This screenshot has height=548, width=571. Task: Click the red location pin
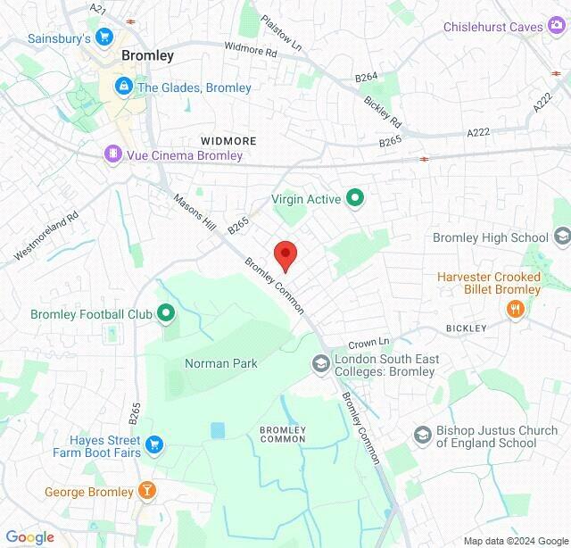tap(285, 254)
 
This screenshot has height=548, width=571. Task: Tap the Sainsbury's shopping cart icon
tap(105, 38)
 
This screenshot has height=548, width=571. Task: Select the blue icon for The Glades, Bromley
tap(123, 87)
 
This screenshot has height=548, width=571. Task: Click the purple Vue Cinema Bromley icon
tap(112, 155)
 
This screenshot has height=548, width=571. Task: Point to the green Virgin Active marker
tap(355, 199)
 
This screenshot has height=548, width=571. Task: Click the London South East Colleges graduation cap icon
tap(320, 364)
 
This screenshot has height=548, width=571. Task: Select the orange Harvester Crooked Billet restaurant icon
tap(515, 309)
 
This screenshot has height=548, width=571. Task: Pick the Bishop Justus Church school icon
tap(423, 436)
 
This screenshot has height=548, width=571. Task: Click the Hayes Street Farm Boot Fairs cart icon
tap(155, 445)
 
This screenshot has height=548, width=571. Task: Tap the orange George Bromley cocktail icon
tap(148, 491)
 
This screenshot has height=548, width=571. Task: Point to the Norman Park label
tap(220, 363)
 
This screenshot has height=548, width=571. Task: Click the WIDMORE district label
tap(228, 141)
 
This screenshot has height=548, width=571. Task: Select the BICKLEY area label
tap(467, 328)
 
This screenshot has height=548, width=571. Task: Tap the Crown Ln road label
tap(368, 343)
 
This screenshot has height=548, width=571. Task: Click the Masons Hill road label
tap(194, 214)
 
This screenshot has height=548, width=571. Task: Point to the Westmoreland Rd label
tap(46, 236)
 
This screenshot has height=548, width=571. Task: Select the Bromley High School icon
tap(562, 237)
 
